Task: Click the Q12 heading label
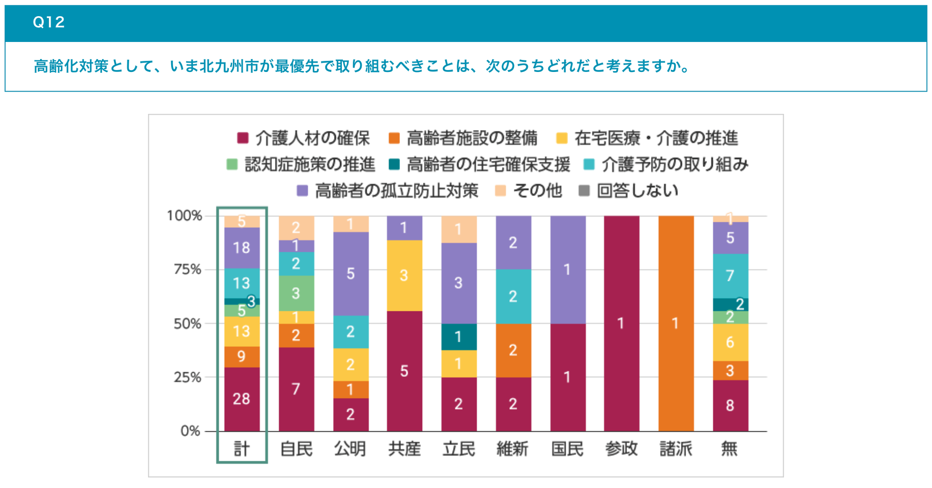49,22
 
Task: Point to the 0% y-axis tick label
190,431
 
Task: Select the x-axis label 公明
350,449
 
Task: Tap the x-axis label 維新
512,449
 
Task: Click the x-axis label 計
242,449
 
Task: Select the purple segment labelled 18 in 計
242,248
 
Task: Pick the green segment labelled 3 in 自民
296,293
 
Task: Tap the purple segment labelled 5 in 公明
350,274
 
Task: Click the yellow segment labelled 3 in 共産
404,275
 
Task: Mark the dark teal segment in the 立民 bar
459,337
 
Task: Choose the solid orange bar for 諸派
676,324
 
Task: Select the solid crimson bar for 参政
621,324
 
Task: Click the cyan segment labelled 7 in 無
730,275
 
